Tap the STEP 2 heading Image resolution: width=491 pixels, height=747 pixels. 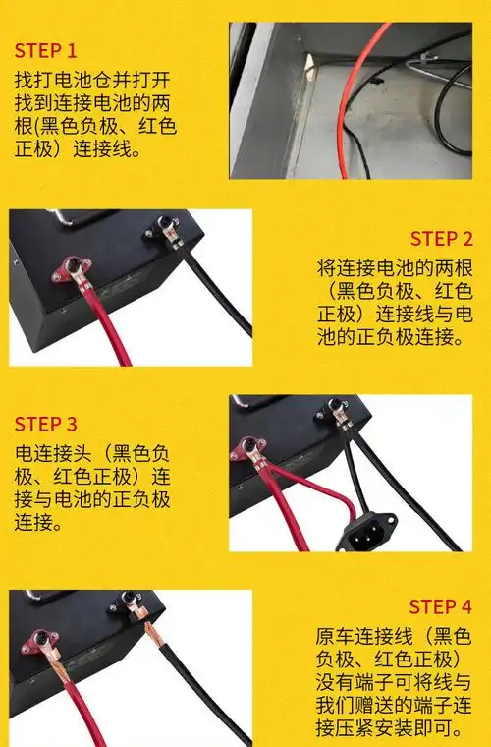(441, 239)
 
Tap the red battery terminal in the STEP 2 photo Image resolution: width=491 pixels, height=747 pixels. (71, 268)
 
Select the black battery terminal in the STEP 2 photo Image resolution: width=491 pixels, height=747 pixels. (163, 232)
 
